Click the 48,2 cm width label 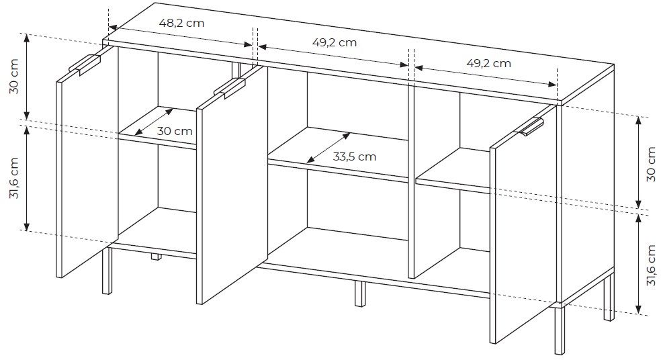pyautogui.click(x=181, y=23)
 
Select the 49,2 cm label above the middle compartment pyautogui.click(x=335, y=42)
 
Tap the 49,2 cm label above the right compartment pyautogui.click(x=488, y=63)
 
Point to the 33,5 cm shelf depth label pyautogui.click(x=354, y=156)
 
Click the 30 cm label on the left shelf pyautogui.click(x=175, y=131)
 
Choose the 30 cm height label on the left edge pyautogui.click(x=14, y=77)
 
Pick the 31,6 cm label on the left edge pyautogui.click(x=14, y=177)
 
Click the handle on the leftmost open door pyautogui.click(x=85, y=64)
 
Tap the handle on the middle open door pyautogui.click(x=229, y=88)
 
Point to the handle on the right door pyautogui.click(x=530, y=127)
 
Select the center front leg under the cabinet pyautogui.click(x=359, y=294)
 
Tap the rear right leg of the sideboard pyautogui.click(x=609, y=296)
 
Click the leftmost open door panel pyautogui.click(x=87, y=162)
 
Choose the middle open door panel pyautogui.click(x=232, y=185)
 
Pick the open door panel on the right pyautogui.click(x=523, y=224)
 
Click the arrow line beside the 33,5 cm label pyautogui.click(x=328, y=148)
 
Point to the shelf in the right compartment pyautogui.click(x=453, y=171)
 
